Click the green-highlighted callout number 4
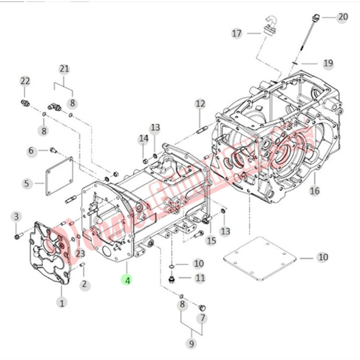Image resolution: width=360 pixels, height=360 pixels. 127,281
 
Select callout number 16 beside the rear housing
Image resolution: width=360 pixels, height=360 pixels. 315,190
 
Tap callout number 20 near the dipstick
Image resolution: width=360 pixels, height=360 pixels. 343,17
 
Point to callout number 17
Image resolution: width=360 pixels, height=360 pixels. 237,33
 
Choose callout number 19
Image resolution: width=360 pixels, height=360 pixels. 328,63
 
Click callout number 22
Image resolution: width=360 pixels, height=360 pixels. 25,81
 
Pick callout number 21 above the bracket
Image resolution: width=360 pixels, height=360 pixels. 64,69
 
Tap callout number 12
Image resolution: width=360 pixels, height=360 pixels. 200,104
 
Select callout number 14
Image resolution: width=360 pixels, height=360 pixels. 144,139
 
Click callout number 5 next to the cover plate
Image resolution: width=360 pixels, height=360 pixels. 27,183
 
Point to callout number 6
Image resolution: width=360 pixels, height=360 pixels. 31,151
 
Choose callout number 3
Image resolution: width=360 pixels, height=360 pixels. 16,216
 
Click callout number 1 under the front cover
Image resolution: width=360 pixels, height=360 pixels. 62,302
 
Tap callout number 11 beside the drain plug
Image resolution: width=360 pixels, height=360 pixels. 200,278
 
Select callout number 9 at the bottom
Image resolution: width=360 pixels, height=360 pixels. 191,344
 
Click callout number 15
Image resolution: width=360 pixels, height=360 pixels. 211,240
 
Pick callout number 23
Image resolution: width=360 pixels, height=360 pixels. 79,253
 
